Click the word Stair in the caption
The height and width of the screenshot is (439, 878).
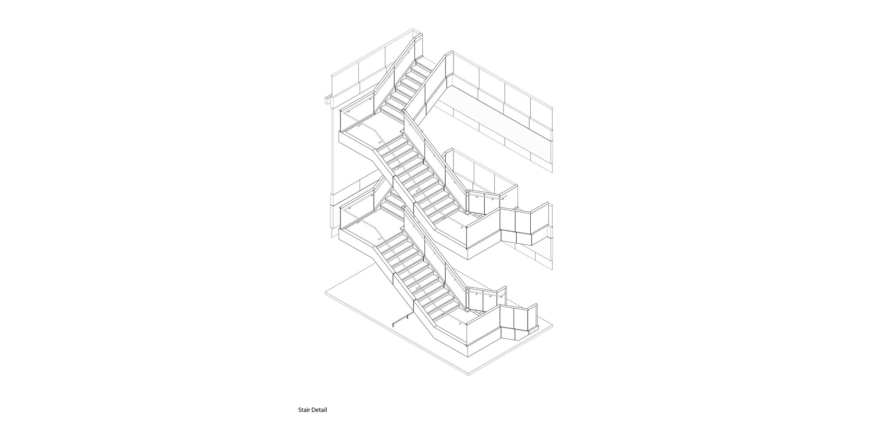click(304, 410)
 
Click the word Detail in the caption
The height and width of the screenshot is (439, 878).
click(319, 410)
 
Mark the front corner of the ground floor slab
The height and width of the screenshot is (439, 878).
click(470, 374)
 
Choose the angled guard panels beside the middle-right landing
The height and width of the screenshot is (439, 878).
click(524, 227)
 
